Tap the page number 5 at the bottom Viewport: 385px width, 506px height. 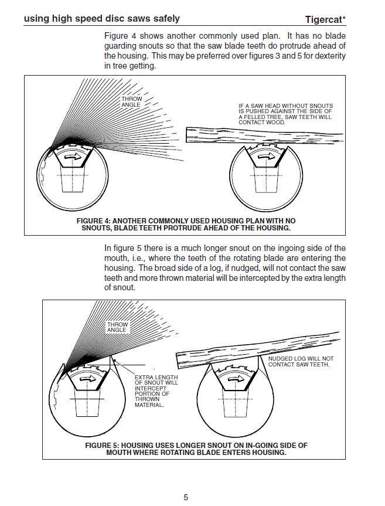[x=186, y=497]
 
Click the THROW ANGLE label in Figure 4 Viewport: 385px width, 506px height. [x=131, y=102]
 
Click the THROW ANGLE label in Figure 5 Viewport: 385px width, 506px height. [x=117, y=327]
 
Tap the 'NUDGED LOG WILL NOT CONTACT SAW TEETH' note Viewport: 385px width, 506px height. [x=301, y=361]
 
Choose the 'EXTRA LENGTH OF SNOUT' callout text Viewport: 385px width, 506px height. [x=156, y=390]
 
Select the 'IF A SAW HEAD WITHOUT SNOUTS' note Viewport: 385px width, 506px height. [x=285, y=114]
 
